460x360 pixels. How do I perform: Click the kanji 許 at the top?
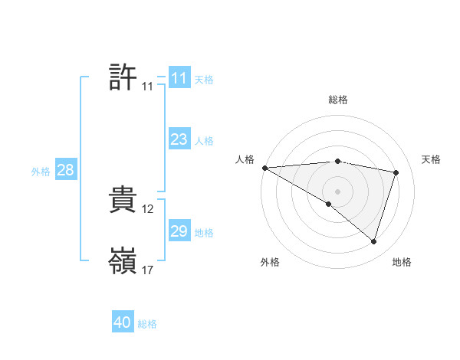coord(123,78)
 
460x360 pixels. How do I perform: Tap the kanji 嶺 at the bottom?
coord(123,262)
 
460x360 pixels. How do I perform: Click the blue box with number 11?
coord(179,78)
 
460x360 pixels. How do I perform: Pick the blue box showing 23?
coord(179,139)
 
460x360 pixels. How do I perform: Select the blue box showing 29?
coord(179,231)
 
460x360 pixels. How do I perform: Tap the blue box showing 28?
coord(65,170)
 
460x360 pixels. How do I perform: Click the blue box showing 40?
coord(123,322)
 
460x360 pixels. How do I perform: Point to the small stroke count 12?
coord(148,209)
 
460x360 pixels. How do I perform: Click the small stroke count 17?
coord(148,270)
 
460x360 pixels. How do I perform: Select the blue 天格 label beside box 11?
coord(204,80)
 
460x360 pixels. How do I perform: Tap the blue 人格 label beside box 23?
coord(204,141)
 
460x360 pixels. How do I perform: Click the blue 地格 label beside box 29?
coord(204,233)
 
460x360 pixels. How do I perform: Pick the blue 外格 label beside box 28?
coord(41,172)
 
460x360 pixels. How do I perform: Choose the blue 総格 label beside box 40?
coord(147,324)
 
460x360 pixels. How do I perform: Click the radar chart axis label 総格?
coord(337,100)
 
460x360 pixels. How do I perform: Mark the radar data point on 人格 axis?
coord(264,167)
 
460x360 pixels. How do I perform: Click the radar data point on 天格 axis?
coord(396,172)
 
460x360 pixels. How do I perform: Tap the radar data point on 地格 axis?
coord(373,241)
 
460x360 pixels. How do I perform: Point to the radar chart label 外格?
coord(270,262)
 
